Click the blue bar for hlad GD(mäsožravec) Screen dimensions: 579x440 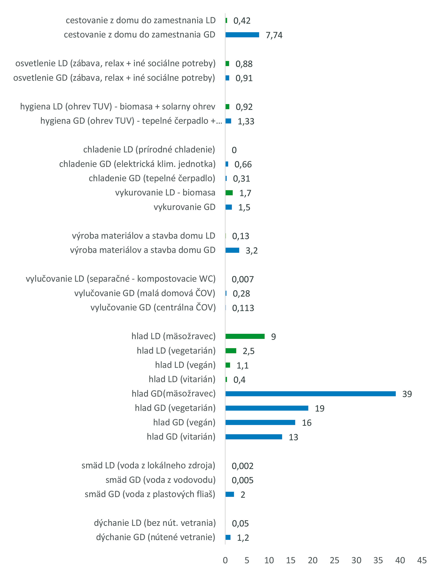click(310, 393)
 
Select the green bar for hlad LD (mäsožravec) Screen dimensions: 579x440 click(245, 336)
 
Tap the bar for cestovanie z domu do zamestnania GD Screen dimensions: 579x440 click(242, 35)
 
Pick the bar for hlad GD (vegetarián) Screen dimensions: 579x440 click(267, 408)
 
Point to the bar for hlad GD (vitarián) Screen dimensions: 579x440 click(253, 437)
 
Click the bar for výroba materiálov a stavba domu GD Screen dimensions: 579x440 click(232, 250)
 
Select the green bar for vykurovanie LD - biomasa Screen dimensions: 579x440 click(229, 193)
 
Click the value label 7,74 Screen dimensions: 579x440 click(274, 35)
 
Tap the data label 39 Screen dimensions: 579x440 click(407, 394)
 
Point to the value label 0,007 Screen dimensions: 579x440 click(242, 279)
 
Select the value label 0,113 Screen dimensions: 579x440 click(243, 308)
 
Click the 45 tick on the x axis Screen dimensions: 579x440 click(422, 560)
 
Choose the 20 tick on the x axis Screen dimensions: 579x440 click(312, 560)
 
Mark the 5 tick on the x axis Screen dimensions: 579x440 click(247, 560)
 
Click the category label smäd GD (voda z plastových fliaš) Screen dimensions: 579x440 click(150, 494)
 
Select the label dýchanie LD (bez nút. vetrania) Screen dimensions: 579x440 click(155, 523)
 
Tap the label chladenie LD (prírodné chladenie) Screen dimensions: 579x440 click(149, 150)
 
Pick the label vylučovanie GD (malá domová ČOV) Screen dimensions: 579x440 click(144, 293)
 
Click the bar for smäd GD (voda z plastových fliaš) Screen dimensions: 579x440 click(230, 494)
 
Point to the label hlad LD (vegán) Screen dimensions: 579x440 click(185, 365)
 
